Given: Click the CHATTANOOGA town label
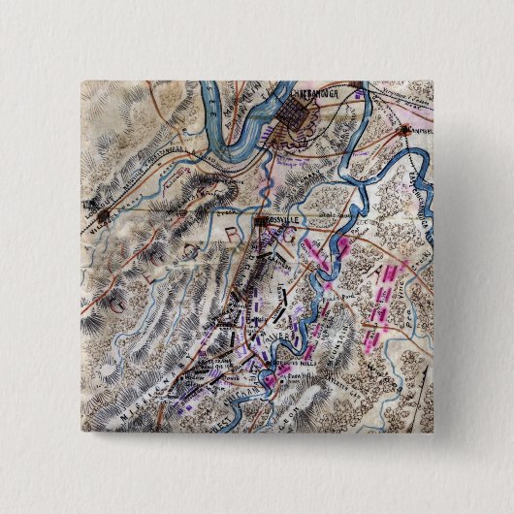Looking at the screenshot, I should [316, 96].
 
